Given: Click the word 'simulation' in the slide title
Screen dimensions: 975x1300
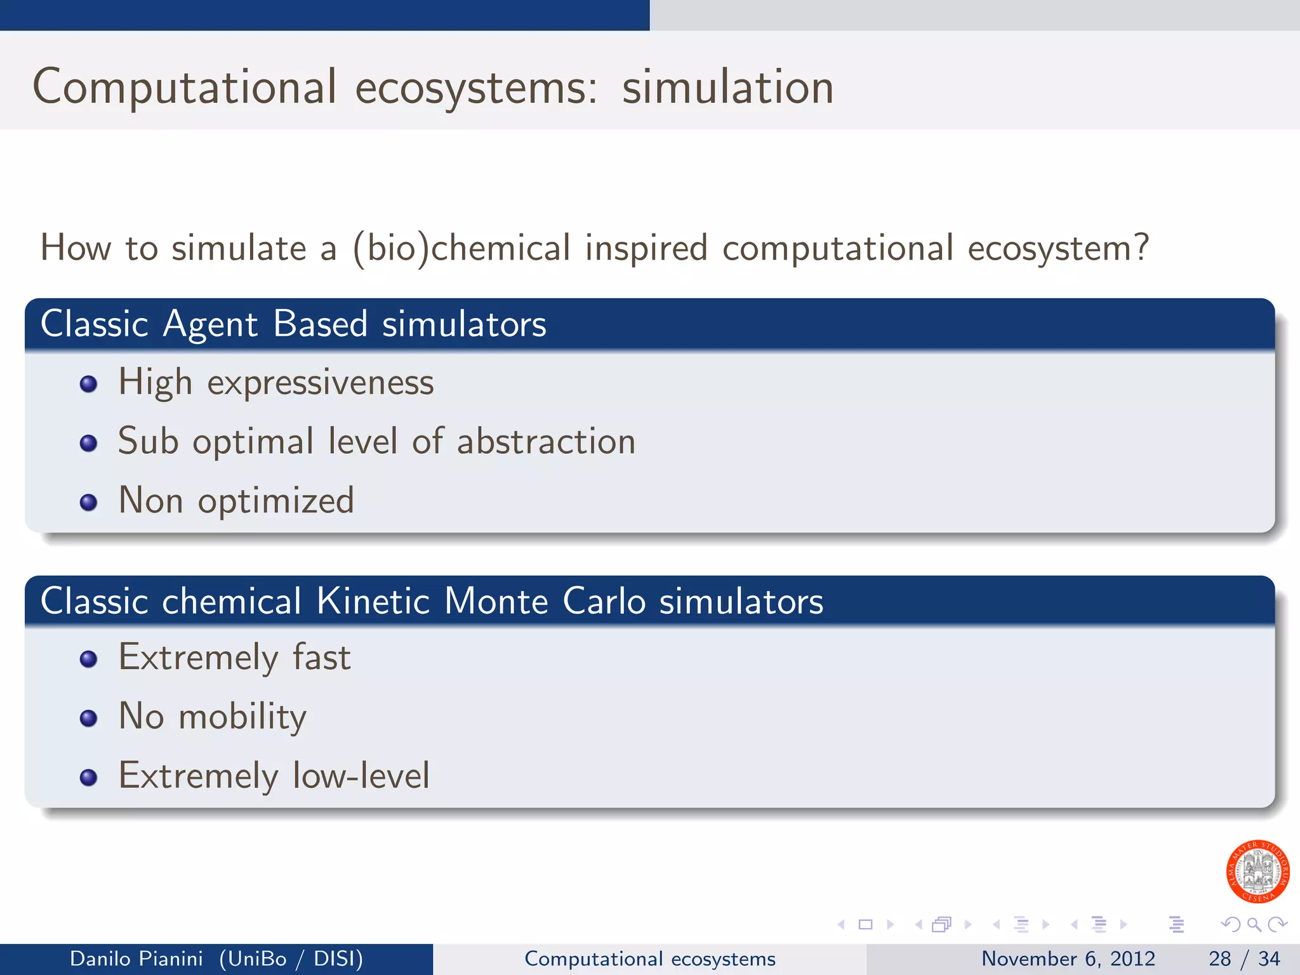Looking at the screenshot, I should [x=727, y=88].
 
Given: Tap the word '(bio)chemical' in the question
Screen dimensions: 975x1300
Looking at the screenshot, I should [x=461, y=248].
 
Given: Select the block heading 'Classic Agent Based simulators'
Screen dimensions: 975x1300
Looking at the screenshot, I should [x=293, y=324].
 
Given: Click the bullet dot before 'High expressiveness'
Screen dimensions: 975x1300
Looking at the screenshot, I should [x=89, y=384].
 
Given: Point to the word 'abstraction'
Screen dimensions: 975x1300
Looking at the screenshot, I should [x=546, y=441].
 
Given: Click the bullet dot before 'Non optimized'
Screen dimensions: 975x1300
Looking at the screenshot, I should [x=89, y=503].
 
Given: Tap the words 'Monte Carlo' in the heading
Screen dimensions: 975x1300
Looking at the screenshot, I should [x=547, y=600].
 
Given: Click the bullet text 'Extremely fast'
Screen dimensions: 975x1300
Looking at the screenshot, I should [x=234, y=657].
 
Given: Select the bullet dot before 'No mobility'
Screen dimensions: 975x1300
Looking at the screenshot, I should [x=89, y=719].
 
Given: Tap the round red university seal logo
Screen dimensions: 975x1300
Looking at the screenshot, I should [x=1257, y=872].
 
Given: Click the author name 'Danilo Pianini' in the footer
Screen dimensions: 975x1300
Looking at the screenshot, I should [x=136, y=958].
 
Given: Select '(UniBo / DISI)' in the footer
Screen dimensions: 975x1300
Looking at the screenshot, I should [x=291, y=958].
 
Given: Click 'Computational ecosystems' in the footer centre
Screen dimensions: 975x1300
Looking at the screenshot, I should [x=649, y=958].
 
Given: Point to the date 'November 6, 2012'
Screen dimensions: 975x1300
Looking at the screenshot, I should [x=1068, y=958].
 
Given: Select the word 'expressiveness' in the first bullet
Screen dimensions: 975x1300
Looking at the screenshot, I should [x=321, y=383].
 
